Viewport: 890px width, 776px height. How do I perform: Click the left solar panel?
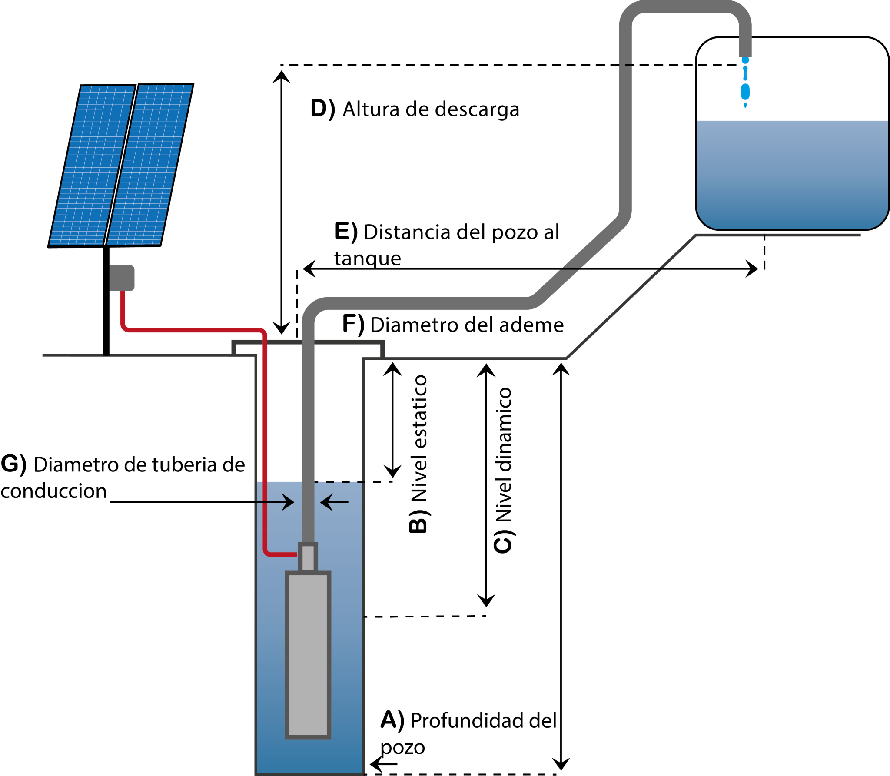tap(92, 165)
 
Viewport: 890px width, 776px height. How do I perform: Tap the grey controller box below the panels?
tap(122, 278)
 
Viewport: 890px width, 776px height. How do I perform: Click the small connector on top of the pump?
tap(308, 557)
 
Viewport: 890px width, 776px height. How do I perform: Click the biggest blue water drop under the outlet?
tap(745, 91)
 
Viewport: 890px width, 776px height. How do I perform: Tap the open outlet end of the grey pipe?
tap(745, 54)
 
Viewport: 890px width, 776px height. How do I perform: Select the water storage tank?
tap(792, 174)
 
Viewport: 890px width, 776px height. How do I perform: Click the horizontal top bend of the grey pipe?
tap(685, 7)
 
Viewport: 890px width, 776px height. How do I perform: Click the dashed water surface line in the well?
tap(339, 482)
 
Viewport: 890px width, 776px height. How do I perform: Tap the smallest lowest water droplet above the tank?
tap(745, 105)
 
